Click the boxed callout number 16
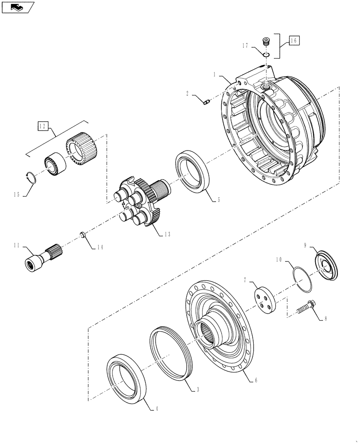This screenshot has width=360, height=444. (x=294, y=40)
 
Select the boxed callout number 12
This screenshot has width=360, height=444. (x=42, y=127)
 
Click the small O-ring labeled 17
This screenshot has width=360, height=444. (x=266, y=54)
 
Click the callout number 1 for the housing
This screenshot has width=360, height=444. (x=215, y=75)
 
